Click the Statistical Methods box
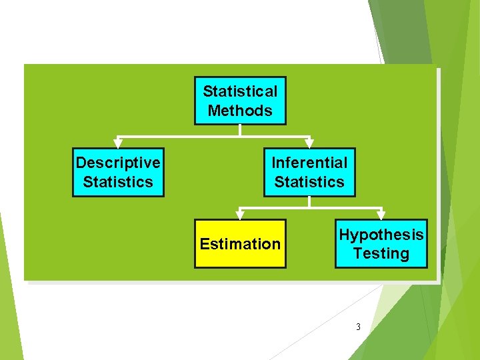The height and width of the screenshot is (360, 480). tap(240, 101)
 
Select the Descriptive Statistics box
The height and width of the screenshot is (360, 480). tap(118, 172)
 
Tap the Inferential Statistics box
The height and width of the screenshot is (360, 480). tap(309, 172)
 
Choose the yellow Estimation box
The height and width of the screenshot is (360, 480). tap(240, 244)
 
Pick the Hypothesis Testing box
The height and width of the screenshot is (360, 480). tap(381, 244)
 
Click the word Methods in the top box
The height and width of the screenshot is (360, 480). tap(240, 111)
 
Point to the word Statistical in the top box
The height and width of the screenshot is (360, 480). tap(240, 91)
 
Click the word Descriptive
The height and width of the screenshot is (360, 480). tap(118, 163)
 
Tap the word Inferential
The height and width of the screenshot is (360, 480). tap(309, 163)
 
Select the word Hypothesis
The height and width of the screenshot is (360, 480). tap(381, 235)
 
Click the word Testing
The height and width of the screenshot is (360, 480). tap(381, 253)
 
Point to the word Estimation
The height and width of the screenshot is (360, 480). tap(240, 244)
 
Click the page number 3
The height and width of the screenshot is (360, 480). tap(358, 327)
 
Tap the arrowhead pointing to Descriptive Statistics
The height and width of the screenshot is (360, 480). tap(118, 142)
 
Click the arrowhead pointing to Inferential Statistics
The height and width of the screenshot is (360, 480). tap(309, 142)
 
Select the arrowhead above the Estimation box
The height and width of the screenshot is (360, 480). tap(240, 215)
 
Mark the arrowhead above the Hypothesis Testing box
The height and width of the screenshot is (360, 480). tap(381, 215)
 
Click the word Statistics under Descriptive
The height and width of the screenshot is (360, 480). tap(118, 182)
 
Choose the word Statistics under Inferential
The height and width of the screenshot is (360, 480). tap(309, 182)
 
